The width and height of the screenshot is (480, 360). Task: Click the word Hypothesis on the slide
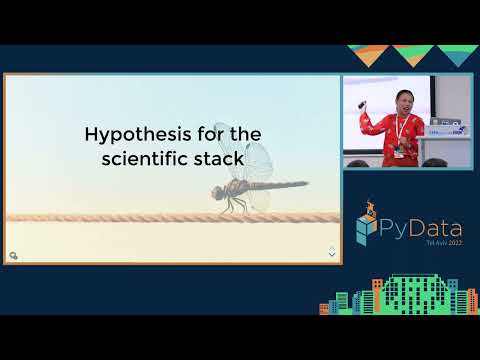(119, 134)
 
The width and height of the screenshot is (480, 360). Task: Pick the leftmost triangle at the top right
(367, 54)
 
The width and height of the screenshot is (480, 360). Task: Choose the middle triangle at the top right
(410, 54)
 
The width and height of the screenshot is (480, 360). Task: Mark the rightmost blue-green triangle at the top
(454, 55)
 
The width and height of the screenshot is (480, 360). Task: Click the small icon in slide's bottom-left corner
(14, 255)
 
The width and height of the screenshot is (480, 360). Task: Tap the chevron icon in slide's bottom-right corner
(332, 253)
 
